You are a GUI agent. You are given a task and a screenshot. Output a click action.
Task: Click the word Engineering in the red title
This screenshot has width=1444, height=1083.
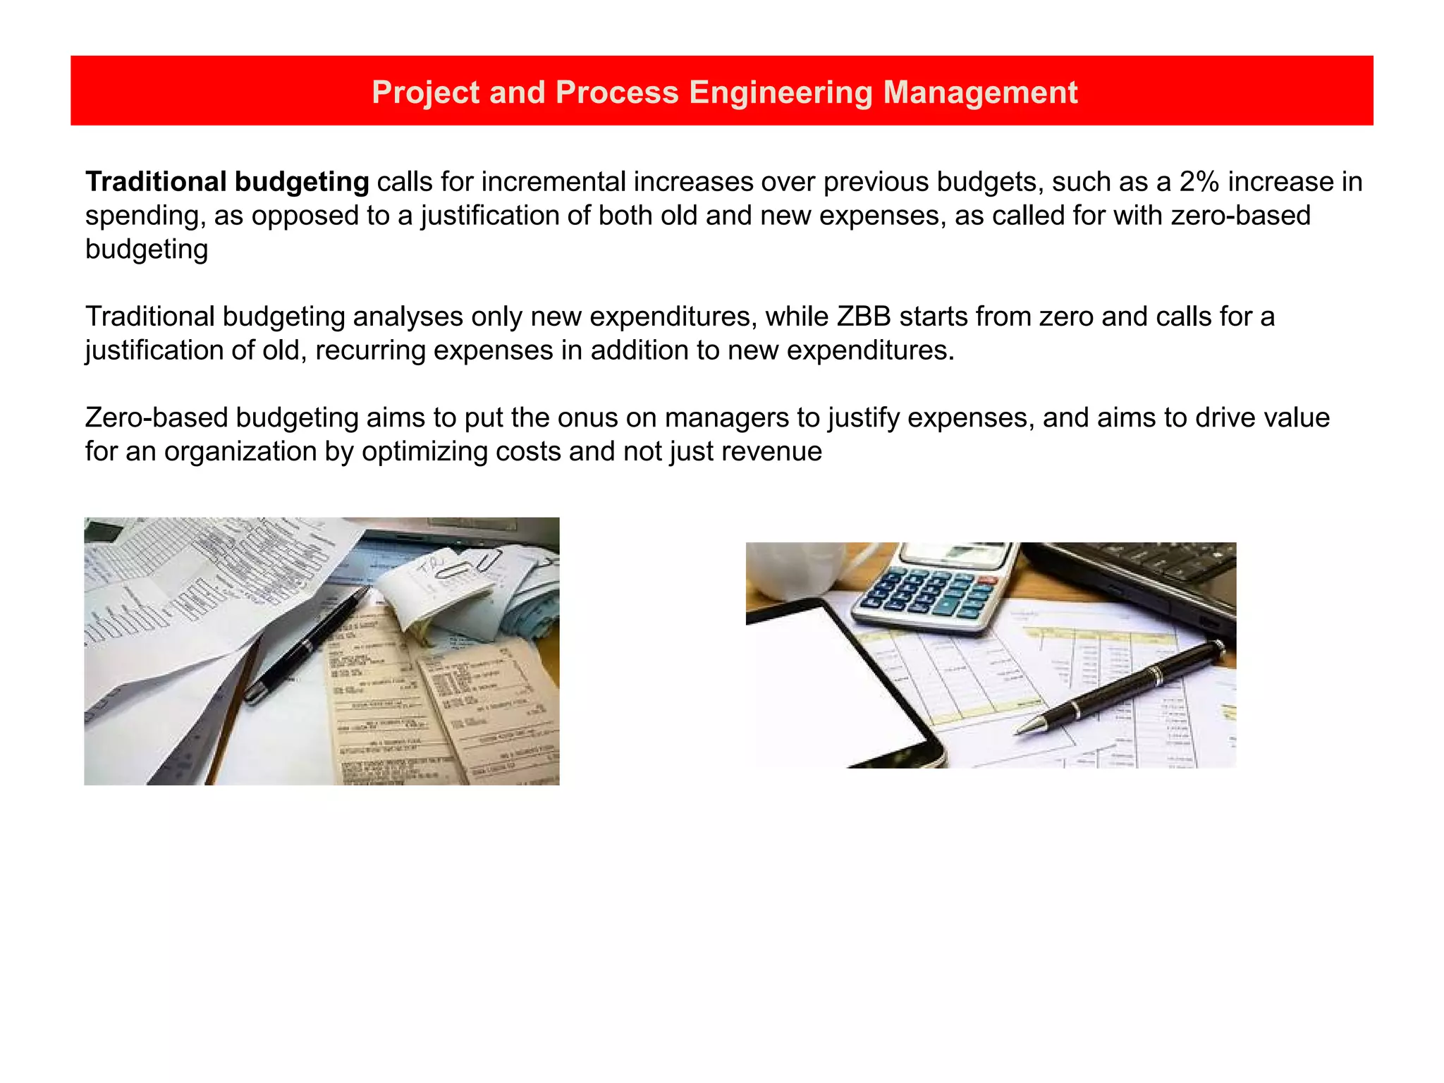coord(781,92)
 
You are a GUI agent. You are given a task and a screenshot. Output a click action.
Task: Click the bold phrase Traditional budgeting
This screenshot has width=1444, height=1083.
coord(226,182)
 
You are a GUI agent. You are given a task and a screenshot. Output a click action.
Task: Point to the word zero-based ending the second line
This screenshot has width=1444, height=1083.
coord(1240,216)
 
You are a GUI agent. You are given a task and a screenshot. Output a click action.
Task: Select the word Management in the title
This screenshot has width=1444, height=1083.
coord(980,92)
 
